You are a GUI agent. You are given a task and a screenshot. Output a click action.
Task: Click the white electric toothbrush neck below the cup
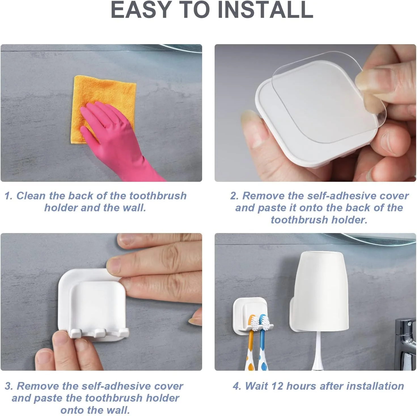318,351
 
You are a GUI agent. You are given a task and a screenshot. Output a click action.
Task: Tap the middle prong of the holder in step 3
100,332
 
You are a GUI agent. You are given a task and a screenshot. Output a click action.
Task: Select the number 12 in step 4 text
277,386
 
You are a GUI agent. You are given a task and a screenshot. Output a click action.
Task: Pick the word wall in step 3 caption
119,410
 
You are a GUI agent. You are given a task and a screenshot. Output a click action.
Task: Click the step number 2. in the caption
234,196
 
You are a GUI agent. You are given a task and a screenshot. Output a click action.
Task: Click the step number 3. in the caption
9,386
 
